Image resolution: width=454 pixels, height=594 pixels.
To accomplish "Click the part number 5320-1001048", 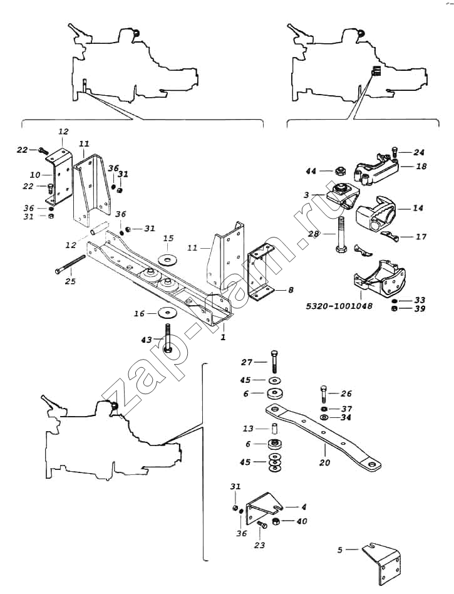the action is [x=339, y=306].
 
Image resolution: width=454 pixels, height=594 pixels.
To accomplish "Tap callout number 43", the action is [x=147, y=340].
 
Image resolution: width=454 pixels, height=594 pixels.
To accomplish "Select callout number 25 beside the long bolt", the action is [x=70, y=281].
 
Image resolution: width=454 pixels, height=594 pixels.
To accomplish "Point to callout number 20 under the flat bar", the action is [x=325, y=462].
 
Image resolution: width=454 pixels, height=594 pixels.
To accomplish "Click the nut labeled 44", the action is [x=339, y=171].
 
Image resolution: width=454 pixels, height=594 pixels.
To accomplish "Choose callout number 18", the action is [x=421, y=166].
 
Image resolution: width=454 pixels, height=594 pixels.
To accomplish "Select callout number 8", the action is [x=291, y=291].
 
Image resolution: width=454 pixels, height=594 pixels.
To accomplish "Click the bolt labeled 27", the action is [x=274, y=363].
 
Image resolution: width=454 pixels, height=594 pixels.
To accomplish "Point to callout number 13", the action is [x=249, y=429].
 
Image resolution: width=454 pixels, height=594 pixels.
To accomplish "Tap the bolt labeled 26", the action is [x=324, y=394].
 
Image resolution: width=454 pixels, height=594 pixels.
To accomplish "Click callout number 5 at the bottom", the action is [x=339, y=550].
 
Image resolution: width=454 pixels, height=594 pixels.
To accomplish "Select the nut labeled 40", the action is [x=277, y=522].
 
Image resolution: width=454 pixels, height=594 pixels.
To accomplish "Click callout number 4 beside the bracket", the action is [x=304, y=508].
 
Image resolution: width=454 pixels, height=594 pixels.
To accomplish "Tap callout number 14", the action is [x=418, y=208].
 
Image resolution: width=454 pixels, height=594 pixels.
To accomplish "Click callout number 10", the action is [x=35, y=175].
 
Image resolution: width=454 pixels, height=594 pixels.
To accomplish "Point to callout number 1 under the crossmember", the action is [x=224, y=336].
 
